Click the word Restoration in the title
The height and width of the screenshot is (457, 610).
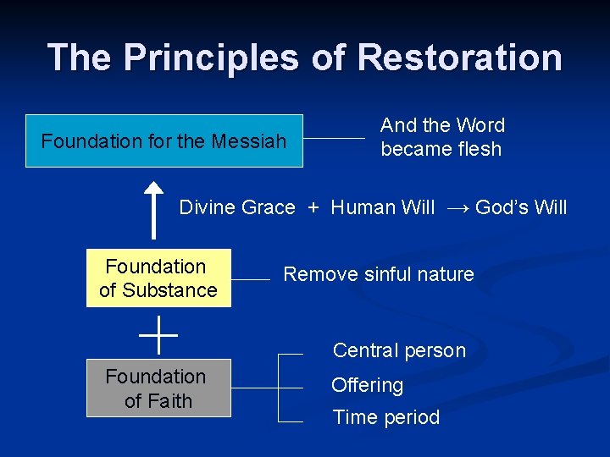click(x=459, y=58)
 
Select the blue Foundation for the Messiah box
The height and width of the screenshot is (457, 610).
click(x=164, y=140)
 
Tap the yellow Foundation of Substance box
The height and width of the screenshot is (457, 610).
click(x=158, y=278)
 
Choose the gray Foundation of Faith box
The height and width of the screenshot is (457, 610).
click(x=158, y=388)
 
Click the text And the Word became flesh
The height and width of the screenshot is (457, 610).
click(x=442, y=137)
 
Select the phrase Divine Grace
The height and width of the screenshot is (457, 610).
click(x=237, y=207)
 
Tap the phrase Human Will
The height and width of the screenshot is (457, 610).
click(x=382, y=207)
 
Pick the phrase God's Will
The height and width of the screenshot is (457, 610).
click(x=521, y=207)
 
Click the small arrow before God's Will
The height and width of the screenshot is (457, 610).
click(x=457, y=208)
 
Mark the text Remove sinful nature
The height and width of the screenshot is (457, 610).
click(x=378, y=274)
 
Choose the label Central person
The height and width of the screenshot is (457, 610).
click(x=399, y=350)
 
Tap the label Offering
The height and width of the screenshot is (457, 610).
click(x=367, y=385)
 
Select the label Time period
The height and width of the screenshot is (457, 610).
click(x=385, y=417)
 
